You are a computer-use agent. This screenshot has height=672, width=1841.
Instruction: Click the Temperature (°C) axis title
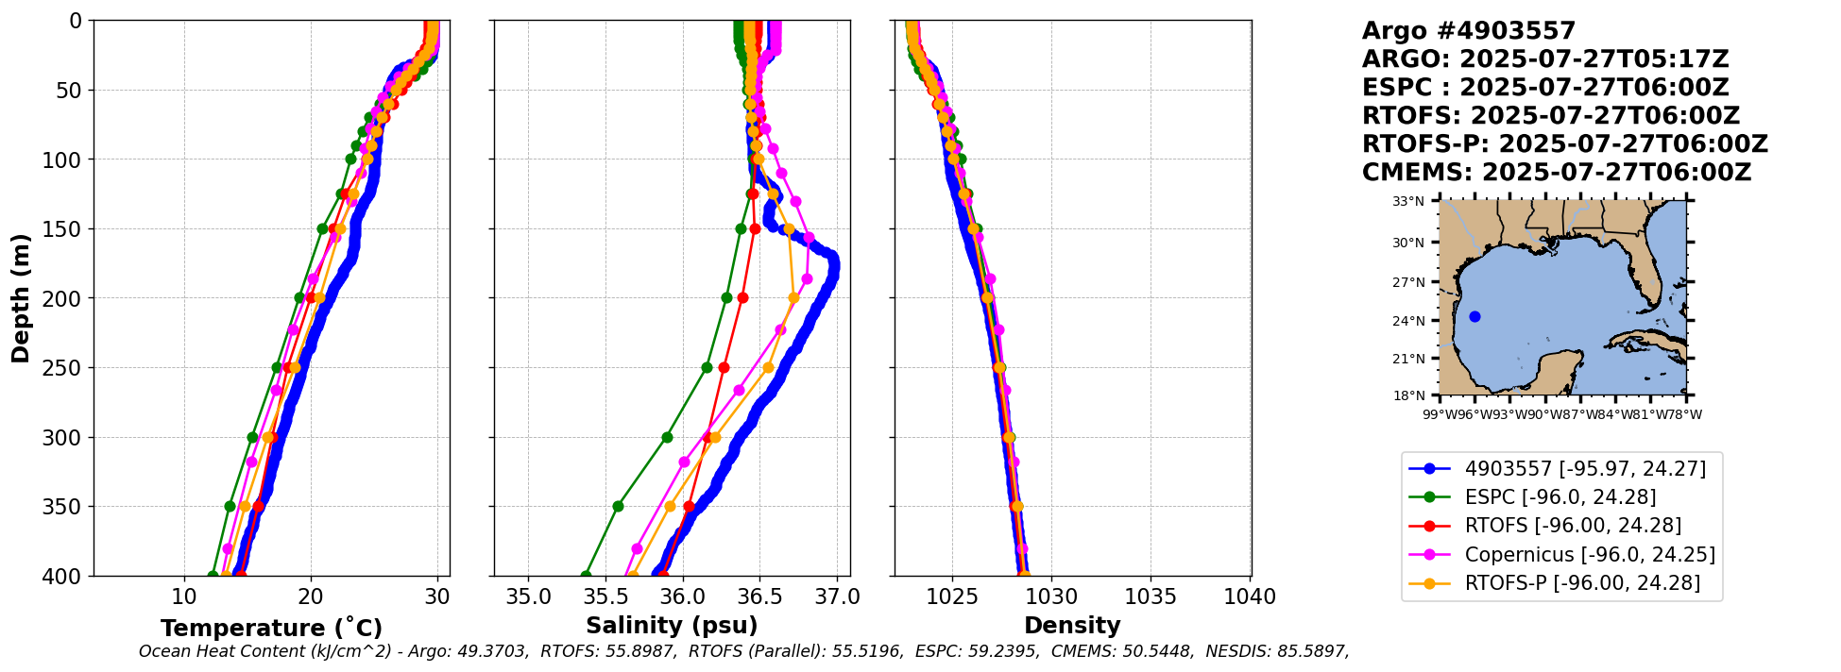tap(271, 628)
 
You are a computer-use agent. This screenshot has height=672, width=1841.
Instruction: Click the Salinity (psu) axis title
tap(672, 626)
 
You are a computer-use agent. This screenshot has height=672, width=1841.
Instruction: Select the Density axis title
tap(1072, 626)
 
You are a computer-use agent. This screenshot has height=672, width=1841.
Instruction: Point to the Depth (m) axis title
tap(21, 298)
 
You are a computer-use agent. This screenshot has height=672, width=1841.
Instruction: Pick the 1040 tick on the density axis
tap(1250, 596)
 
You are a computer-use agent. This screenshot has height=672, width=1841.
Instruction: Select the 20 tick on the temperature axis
tap(311, 596)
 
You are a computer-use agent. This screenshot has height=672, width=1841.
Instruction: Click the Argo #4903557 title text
tap(1468, 31)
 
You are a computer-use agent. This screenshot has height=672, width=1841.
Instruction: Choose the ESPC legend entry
tap(1560, 496)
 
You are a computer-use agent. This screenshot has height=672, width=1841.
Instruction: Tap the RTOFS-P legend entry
tap(1582, 583)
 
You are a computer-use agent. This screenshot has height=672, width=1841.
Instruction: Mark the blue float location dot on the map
tap(1475, 316)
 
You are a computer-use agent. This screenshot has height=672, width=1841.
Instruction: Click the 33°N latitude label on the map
tap(1408, 201)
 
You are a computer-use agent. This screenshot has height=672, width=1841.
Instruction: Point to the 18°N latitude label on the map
tap(1408, 395)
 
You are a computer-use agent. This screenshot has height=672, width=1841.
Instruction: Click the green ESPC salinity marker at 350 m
tap(618, 506)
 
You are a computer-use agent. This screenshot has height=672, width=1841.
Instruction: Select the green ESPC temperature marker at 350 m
tap(230, 506)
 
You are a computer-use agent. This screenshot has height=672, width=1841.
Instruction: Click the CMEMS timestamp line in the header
tap(1556, 173)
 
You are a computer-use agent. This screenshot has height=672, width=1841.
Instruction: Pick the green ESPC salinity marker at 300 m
tap(667, 437)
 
